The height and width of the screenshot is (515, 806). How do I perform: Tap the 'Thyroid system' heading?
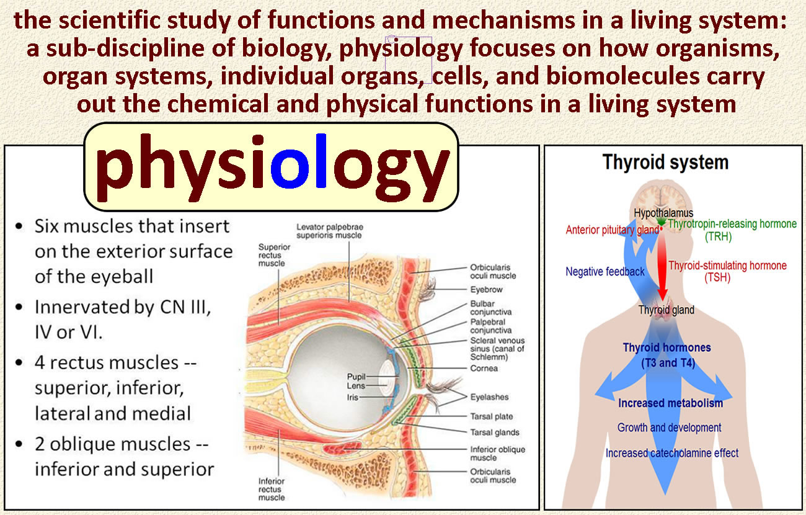[665, 163]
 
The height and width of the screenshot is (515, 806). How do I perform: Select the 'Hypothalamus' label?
[663, 213]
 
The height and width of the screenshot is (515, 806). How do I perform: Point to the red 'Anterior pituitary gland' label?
[613, 230]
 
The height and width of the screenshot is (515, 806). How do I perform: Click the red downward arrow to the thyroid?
[662, 266]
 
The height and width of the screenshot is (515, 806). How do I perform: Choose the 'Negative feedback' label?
[605, 272]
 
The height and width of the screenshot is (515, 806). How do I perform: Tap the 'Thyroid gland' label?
[666, 310]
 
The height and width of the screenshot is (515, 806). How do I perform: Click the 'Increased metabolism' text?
[670, 403]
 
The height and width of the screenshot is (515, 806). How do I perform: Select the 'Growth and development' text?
[669, 428]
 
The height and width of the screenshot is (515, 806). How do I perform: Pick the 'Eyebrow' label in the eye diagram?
[486, 290]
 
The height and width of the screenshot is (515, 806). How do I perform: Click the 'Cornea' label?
[484, 369]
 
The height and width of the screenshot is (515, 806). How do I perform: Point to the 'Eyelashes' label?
[489, 397]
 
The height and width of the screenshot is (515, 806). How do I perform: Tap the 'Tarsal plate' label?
[492, 416]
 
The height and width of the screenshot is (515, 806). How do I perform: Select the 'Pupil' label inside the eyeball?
[356, 377]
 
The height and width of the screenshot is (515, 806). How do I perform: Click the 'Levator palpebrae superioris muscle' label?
[330, 231]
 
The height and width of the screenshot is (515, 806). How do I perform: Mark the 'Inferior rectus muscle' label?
[272, 490]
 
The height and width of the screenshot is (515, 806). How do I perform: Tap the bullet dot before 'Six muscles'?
[19, 226]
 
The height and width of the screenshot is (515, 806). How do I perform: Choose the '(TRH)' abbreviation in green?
[718, 236]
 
